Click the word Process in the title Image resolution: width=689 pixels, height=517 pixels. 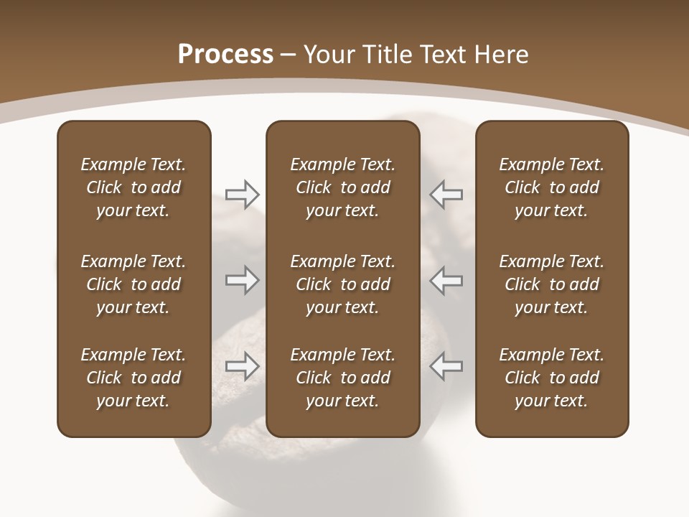225,55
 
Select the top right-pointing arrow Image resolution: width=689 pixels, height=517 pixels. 242,194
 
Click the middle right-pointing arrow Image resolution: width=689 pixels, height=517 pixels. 242,280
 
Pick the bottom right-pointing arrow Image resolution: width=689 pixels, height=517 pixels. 242,366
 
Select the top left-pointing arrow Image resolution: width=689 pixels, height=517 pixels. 446,194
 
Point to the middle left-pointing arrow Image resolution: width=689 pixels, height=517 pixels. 446,280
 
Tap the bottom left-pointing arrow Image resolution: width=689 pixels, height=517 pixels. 446,366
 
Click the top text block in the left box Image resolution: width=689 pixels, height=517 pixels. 133,187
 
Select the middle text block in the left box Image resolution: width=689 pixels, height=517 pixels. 133,284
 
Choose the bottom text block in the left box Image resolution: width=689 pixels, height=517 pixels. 133,378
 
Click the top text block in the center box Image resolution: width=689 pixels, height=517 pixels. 342,187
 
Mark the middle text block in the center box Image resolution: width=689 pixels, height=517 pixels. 342,284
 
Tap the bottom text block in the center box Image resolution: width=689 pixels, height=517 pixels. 342,378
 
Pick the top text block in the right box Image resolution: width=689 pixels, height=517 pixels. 551,187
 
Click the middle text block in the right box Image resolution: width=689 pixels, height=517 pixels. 551,284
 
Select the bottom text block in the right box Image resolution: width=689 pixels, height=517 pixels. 551,378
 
